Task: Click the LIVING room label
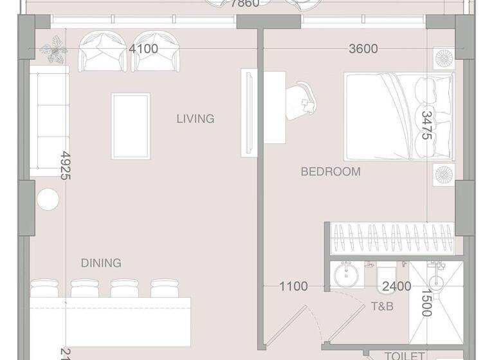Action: click(196, 119)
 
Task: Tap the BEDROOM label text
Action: click(331, 172)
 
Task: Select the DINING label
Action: click(101, 263)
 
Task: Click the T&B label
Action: click(382, 307)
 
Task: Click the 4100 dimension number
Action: click(143, 49)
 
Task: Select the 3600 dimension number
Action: click(363, 49)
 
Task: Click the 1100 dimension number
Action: click(293, 287)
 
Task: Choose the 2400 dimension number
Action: click(397, 287)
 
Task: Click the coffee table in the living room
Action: click(131, 126)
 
